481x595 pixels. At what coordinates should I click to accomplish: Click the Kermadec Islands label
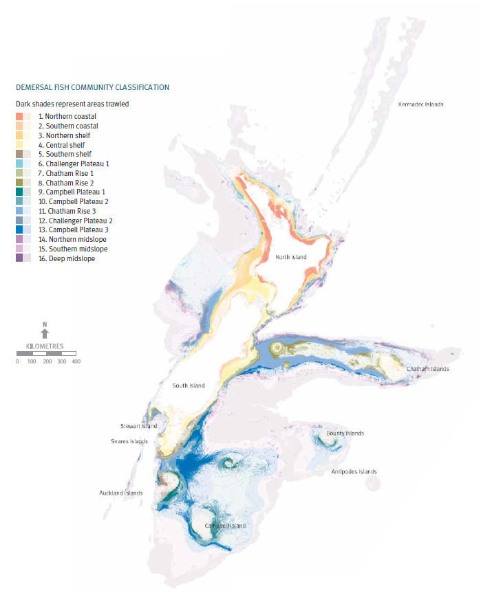421,104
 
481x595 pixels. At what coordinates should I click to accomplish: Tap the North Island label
291,257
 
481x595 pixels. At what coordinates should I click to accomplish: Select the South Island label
189,385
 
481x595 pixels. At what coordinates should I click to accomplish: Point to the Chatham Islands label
427,369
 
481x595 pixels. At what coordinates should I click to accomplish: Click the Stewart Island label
139,426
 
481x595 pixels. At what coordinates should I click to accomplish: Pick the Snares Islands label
129,441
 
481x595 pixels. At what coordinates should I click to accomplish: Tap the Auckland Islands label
121,493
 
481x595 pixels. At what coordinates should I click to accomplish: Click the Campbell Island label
225,526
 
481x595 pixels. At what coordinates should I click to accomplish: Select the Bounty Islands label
345,434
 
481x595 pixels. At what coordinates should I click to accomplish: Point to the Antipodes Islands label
354,472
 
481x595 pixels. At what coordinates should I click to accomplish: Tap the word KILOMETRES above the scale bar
45,346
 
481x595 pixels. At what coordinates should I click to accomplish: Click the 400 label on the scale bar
76,361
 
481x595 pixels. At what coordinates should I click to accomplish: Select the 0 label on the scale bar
17,361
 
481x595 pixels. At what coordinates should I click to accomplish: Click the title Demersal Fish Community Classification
92,87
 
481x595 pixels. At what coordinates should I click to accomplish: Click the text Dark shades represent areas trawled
72,104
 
